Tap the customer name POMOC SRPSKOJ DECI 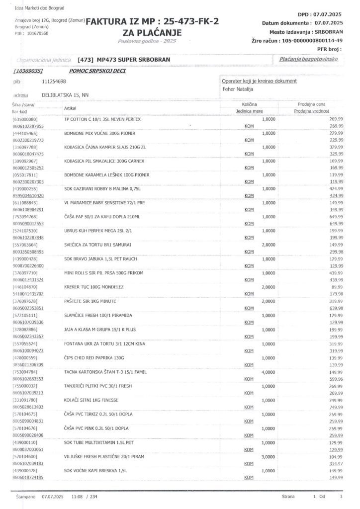click(x=95, y=71)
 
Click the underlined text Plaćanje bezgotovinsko click(x=309, y=59)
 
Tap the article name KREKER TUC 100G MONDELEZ click(x=94, y=287)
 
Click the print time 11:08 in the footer click(x=77, y=497)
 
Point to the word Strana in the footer click(x=287, y=497)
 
